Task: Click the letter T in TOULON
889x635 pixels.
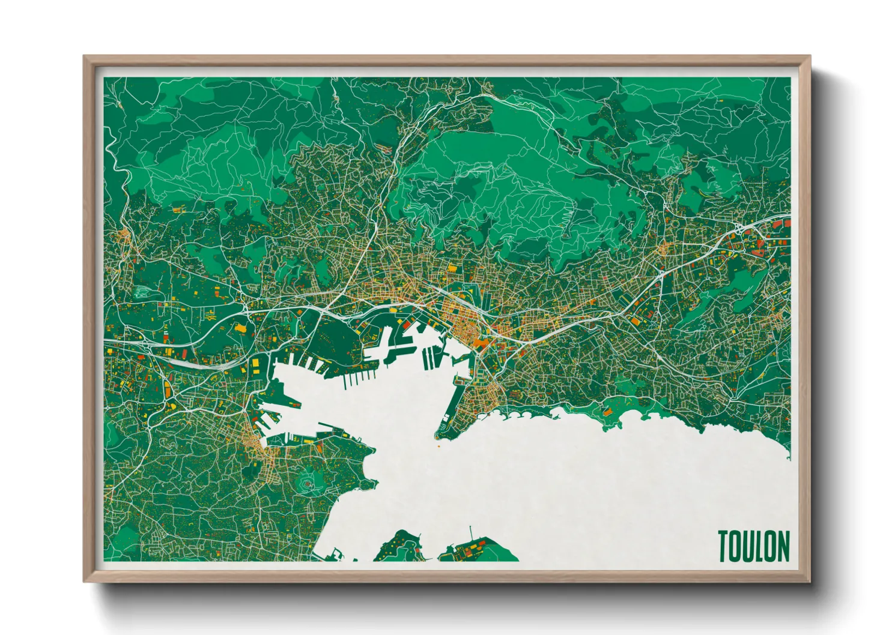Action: coord(724,546)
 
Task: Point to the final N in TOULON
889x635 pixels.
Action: coord(783,546)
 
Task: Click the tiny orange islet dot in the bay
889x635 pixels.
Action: coord(438,445)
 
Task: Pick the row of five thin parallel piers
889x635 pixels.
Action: coord(354,378)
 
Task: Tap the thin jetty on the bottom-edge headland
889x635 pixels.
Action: coord(471,533)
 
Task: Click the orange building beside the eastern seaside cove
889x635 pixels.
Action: coord(607,412)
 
